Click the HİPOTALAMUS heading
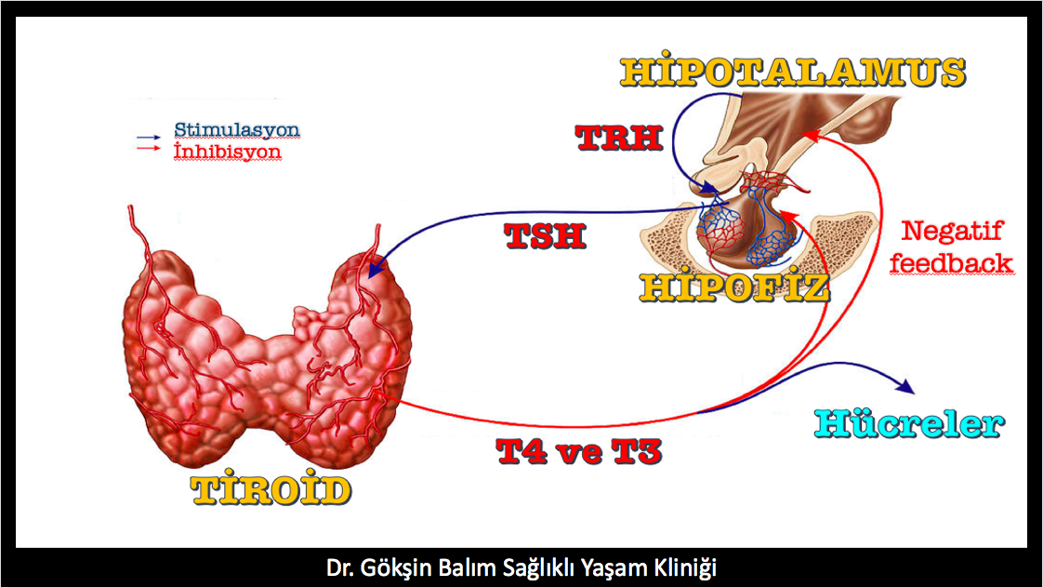click(792, 72)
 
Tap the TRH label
click(619, 138)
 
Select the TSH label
click(546, 235)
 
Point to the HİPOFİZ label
click(734, 287)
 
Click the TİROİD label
click(271, 490)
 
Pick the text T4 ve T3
click(579, 451)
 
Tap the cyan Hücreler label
click(909, 423)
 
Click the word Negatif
click(952, 231)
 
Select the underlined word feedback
click(951, 263)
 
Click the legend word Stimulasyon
click(237, 129)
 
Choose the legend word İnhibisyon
click(228, 151)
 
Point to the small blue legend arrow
click(149, 137)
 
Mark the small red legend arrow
click(149, 148)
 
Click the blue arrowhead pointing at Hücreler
click(906, 386)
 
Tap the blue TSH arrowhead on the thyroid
click(377, 269)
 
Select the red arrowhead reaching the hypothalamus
click(811, 135)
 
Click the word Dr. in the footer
click(339, 567)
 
